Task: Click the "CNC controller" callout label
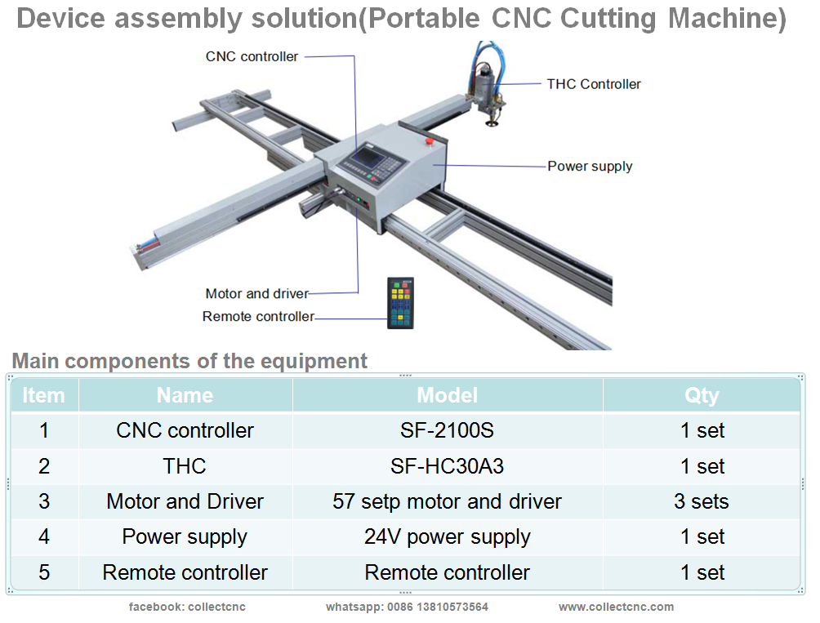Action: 252,56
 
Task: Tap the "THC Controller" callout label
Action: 594,84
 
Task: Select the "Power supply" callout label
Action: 590,167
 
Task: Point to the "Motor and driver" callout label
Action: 256,294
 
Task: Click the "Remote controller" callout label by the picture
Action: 258,316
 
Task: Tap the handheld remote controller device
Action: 400,303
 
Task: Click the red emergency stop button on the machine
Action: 430,141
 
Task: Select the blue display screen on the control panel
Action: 365,156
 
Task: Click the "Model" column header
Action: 447,395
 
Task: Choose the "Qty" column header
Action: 702,396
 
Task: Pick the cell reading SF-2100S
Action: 447,430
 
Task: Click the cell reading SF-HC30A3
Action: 447,466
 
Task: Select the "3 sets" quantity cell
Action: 702,501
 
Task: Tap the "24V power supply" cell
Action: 447,536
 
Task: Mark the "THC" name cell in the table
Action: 185,466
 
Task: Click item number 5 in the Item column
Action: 44,572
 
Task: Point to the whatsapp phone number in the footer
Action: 437,607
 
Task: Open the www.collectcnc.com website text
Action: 616,607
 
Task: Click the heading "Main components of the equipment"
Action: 189,361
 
